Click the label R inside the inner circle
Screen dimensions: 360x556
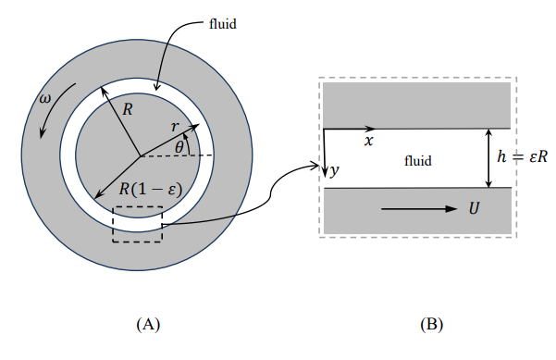[x=128, y=109]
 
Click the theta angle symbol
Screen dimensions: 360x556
[x=179, y=145]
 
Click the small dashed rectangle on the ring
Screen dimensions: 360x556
[x=137, y=225]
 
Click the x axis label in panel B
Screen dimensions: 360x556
[x=368, y=141]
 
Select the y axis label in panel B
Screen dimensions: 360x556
[x=335, y=171]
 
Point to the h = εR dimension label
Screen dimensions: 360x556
[x=523, y=157]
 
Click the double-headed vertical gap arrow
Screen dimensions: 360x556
[x=488, y=157]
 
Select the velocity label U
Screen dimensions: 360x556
[x=474, y=208]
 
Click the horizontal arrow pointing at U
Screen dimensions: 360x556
[x=417, y=209]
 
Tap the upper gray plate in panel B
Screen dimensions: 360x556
[x=417, y=104]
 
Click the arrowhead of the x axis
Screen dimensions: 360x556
[x=371, y=128]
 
